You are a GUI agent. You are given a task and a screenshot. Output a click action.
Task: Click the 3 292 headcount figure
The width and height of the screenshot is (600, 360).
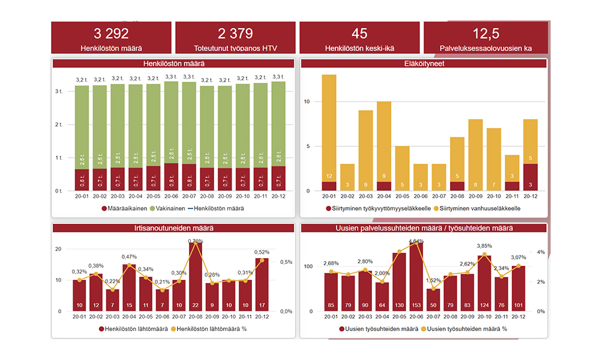coord(111,34)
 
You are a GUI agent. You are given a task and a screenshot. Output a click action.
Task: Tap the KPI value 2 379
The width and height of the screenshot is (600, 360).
coord(235,34)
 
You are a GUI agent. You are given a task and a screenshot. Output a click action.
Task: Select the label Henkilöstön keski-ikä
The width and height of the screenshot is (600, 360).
coord(359,48)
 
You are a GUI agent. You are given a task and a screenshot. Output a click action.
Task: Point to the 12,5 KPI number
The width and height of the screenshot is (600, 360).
coord(485,34)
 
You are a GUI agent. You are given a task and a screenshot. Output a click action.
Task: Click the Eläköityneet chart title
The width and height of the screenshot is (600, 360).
coord(424,63)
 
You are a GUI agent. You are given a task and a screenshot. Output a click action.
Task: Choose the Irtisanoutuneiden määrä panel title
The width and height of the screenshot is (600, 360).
coord(173,228)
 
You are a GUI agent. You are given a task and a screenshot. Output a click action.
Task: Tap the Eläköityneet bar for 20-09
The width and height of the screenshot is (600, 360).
coord(475,153)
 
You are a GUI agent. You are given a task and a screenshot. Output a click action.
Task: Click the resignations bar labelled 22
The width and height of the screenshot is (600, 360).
coord(196,276)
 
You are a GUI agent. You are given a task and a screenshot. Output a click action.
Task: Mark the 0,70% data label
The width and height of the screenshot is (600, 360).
coord(195,241)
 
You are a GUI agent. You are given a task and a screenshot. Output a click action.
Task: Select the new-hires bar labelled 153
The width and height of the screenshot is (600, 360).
coord(416,276)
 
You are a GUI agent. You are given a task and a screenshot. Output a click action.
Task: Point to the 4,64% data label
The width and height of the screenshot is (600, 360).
coord(416,241)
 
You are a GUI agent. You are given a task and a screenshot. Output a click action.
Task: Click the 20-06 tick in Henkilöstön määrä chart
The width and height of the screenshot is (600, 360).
coord(171,196)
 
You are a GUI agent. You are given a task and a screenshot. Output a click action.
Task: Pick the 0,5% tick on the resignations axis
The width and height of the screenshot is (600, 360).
coord(286,262)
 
